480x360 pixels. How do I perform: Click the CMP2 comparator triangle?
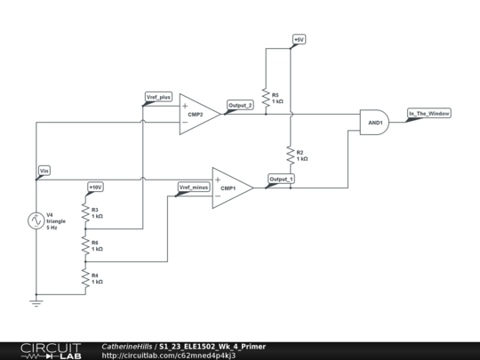point(197,115)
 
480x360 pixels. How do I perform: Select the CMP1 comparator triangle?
point(230,188)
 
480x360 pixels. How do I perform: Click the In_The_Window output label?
point(428,114)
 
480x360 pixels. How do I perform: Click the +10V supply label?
point(95,187)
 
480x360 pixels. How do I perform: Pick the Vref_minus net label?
point(193,187)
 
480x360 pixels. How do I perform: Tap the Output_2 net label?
point(240,106)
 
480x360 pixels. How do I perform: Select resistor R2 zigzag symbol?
point(289,155)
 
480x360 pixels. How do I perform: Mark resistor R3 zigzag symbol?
point(85,212)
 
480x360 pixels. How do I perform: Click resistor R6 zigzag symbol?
point(85,245)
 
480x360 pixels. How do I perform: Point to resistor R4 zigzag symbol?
point(85,278)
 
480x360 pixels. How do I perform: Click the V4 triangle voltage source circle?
point(36,220)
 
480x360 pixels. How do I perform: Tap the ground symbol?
point(36,301)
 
